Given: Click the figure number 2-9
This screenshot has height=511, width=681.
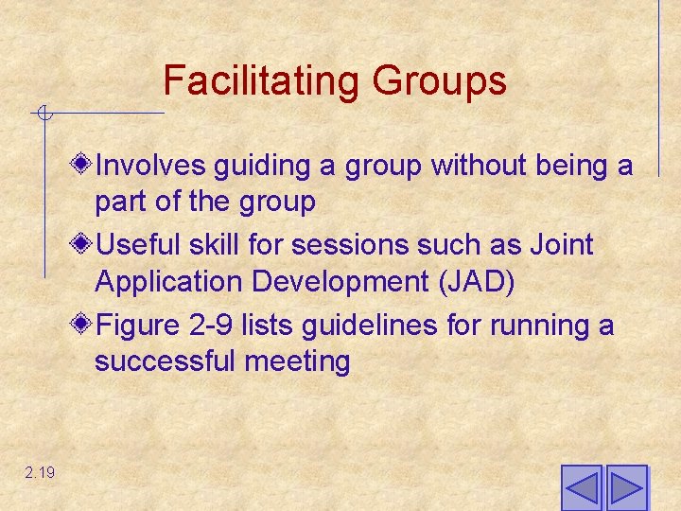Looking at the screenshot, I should point(206,326).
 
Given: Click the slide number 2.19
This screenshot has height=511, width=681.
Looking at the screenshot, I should point(41,472).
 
